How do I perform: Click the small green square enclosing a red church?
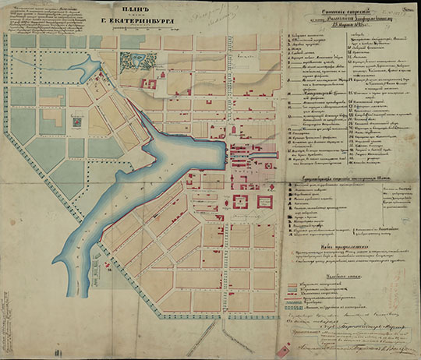pos(78,122)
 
